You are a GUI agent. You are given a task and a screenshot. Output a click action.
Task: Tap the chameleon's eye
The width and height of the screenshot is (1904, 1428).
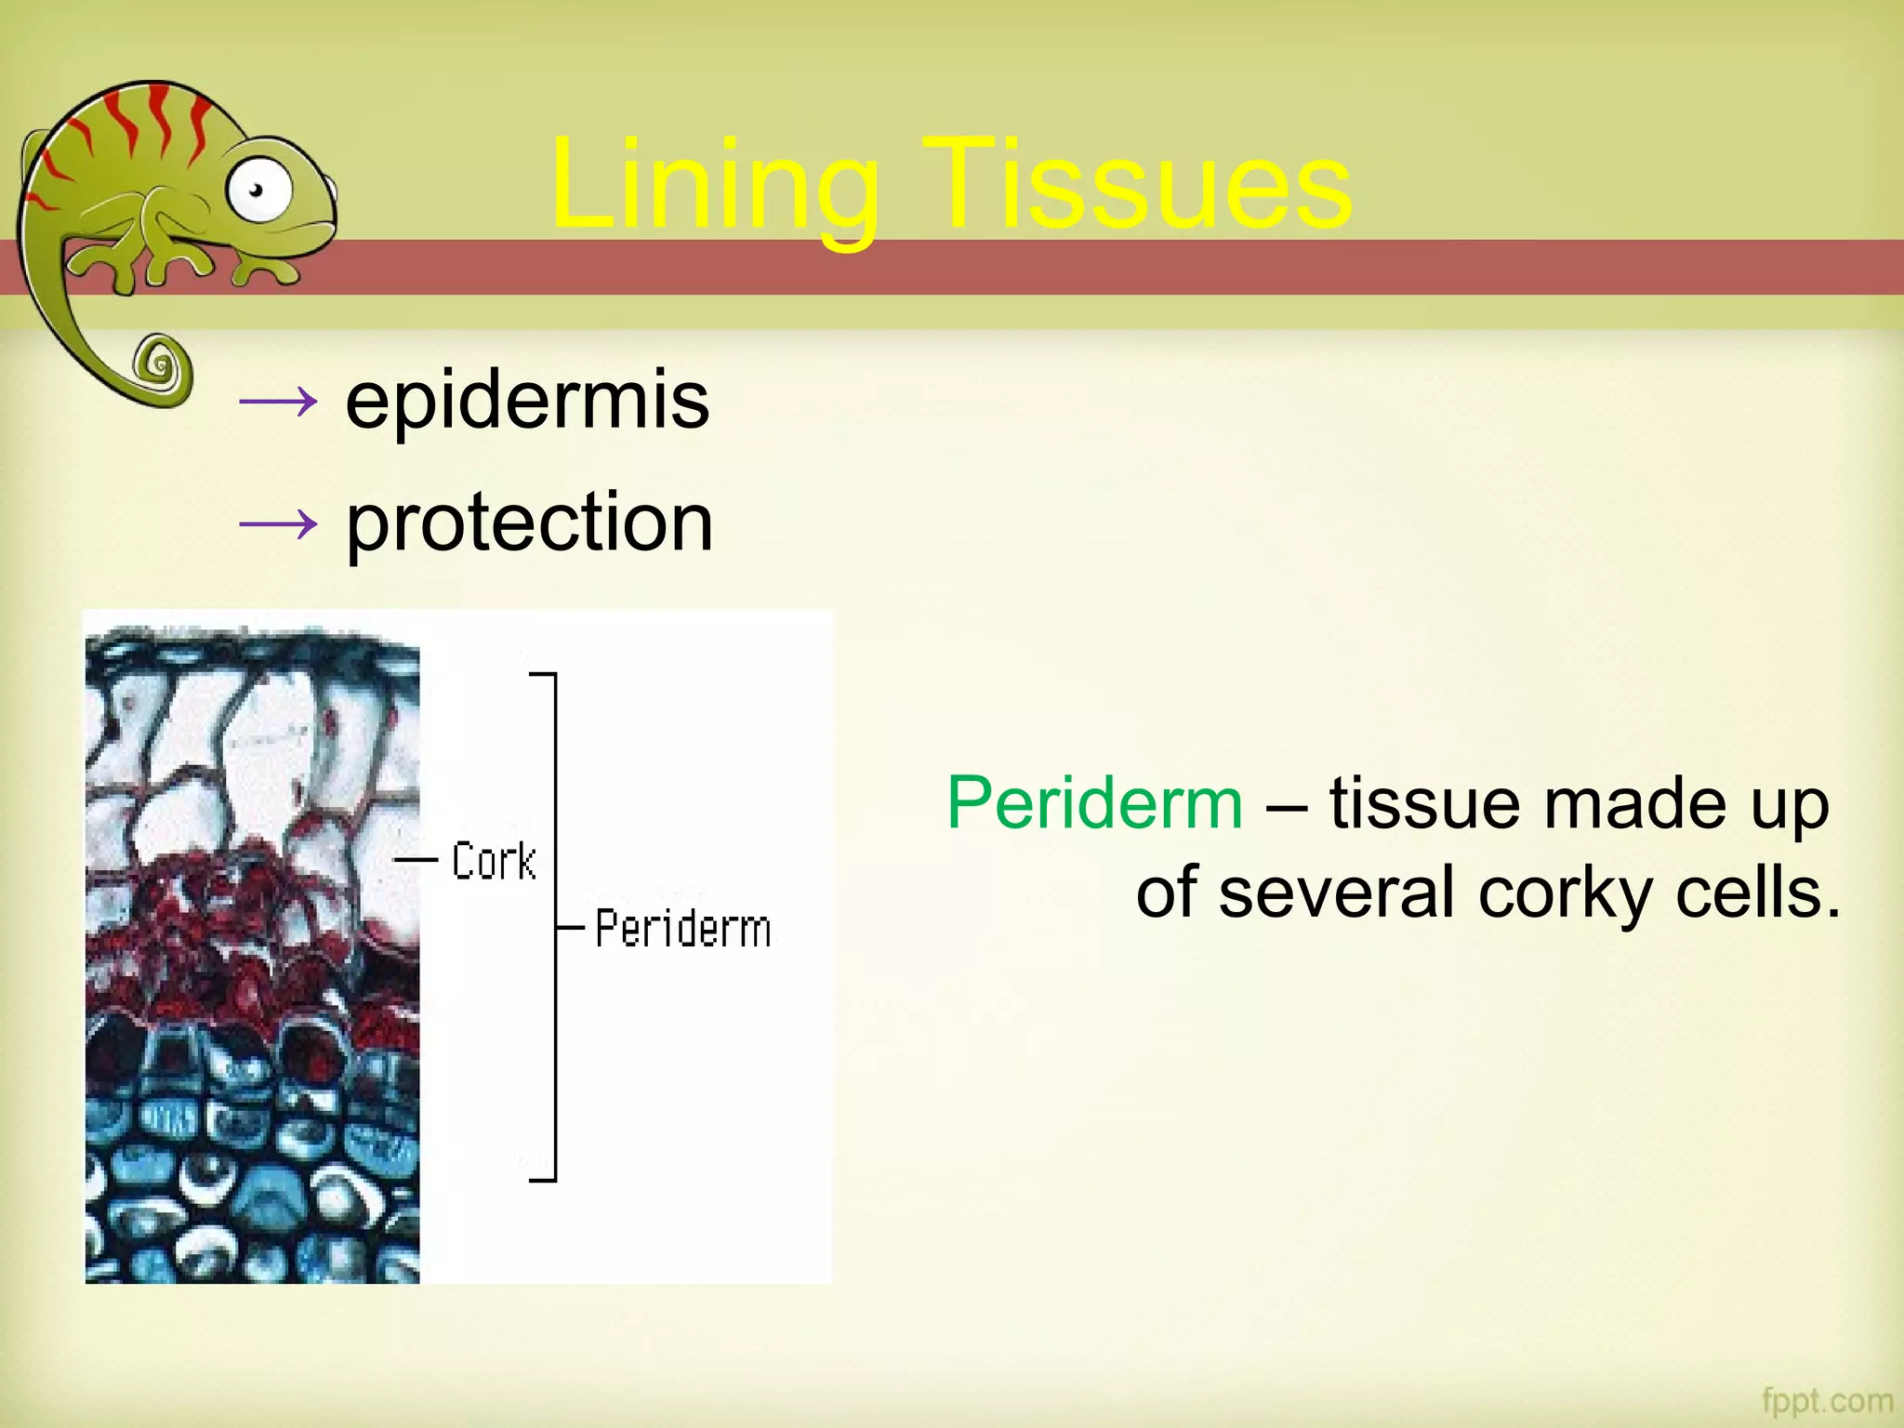coord(258,191)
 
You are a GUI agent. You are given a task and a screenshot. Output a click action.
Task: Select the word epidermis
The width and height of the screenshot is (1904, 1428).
coord(527,402)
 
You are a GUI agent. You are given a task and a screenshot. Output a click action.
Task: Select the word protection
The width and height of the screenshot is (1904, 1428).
coord(529,522)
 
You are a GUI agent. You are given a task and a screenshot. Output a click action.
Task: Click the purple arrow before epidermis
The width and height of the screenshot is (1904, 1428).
coord(278,403)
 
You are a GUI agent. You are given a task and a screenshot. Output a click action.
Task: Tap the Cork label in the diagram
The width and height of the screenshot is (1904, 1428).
coord(494,861)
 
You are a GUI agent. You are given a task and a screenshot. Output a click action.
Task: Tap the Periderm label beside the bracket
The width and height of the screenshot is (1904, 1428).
coord(683,929)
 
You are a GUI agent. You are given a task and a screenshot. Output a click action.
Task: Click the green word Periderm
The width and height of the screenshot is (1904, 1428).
coord(1094,803)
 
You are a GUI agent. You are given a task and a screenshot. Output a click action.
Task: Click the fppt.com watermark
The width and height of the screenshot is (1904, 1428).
coord(1827,1399)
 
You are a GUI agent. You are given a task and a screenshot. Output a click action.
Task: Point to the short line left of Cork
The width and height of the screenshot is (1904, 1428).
coord(416,860)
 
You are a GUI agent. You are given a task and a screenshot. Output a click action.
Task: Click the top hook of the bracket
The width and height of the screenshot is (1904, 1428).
coord(543,674)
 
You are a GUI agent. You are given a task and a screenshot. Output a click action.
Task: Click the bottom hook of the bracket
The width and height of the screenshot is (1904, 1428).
coord(543,1179)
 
